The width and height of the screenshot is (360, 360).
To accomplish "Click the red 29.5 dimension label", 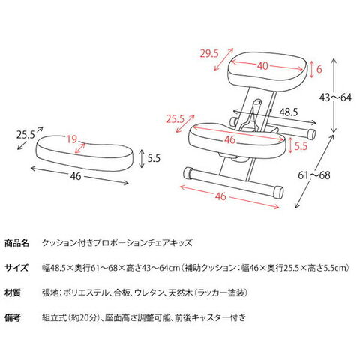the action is tap(209, 53).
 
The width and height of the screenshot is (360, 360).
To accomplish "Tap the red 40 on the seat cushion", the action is tap(262, 66).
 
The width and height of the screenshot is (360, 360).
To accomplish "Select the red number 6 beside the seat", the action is tap(319, 69).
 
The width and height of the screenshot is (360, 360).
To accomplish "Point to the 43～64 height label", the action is tap(335, 97).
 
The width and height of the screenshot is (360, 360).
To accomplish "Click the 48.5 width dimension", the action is tap(289, 112).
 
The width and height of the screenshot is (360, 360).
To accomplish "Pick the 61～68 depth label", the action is tap(314, 175).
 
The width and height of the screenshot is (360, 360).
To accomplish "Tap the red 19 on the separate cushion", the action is tap(72, 139).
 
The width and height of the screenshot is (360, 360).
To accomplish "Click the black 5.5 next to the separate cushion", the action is tap(154, 158).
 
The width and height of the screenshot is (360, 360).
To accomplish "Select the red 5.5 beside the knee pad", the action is tap(301, 146).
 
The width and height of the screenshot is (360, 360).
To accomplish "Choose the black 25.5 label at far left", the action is tap(25, 135).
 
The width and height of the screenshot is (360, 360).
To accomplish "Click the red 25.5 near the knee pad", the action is tap(175, 119).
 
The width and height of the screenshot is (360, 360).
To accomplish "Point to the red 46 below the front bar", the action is tap(220, 196).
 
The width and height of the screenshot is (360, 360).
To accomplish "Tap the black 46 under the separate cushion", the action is tap(76, 176).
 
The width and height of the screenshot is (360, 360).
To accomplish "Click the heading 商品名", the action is tap(16, 243).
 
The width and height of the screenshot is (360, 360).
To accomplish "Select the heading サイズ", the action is tap(16, 268).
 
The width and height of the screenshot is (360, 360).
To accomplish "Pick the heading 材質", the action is tap(13, 292).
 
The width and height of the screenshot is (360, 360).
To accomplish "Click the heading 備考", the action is tap(13, 317).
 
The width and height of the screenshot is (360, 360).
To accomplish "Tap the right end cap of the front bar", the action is tap(278, 192).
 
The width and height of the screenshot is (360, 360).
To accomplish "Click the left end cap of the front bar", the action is tap(187, 173).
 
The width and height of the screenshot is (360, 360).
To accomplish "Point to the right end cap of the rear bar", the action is tap(311, 133).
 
